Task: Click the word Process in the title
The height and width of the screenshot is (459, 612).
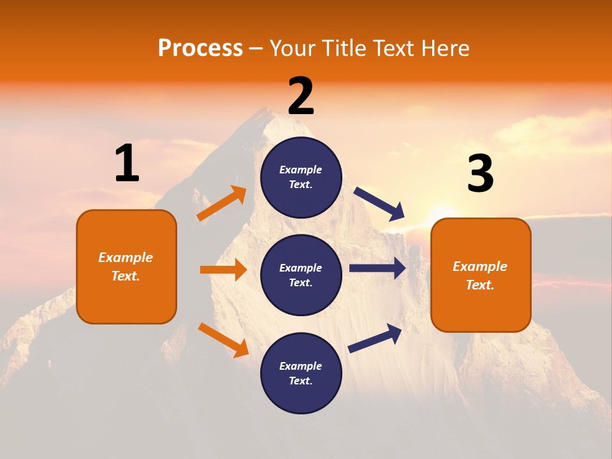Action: click(200, 48)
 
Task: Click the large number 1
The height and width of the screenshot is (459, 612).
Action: click(127, 164)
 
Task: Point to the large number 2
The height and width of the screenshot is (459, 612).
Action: click(301, 97)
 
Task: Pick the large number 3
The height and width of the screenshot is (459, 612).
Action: click(480, 174)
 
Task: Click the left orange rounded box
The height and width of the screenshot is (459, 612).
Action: click(126, 266)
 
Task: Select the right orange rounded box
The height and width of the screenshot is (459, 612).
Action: click(481, 275)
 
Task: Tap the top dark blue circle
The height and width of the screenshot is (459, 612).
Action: click(301, 177)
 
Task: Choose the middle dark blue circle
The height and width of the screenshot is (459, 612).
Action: click(301, 275)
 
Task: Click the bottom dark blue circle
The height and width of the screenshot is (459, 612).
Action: click(301, 373)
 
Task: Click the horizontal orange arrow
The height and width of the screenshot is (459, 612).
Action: click(223, 270)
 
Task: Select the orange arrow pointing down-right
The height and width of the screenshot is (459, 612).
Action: click(223, 340)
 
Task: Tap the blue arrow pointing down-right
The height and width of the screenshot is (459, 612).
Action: click(379, 204)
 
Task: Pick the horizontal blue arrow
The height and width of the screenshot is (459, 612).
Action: click(377, 268)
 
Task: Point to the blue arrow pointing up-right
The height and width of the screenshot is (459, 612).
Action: click(375, 339)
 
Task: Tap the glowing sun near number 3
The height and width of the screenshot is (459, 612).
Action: click(440, 210)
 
